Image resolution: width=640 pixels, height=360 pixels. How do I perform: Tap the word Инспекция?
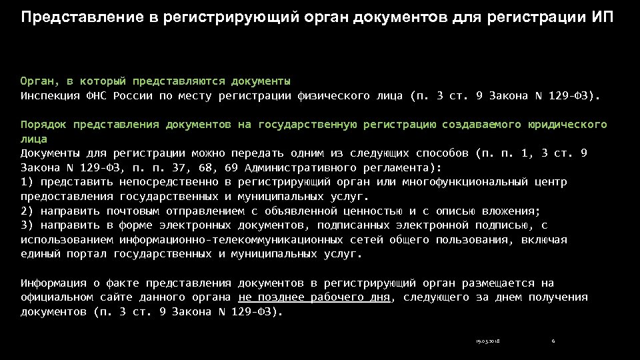pos(50,96)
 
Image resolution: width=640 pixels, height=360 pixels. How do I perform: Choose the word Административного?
pos(301,168)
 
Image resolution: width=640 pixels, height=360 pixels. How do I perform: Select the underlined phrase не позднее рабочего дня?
pos(314,297)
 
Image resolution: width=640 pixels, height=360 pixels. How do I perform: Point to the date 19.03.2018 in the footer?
pos(488,342)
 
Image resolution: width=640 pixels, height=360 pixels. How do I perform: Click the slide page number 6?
pos(553,342)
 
